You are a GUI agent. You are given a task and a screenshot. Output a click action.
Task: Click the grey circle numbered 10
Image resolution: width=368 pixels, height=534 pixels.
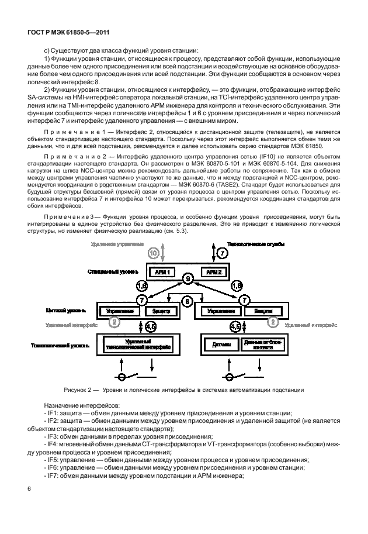(x=154, y=253)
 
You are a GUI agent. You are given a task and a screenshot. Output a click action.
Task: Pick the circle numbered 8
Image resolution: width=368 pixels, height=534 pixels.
(x=187, y=301)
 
